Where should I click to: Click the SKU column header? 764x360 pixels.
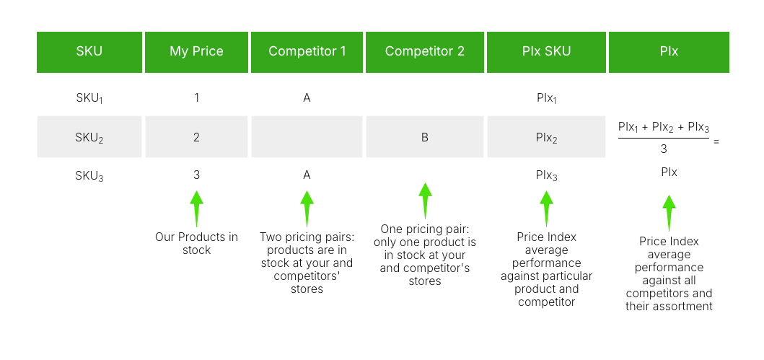coord(89,52)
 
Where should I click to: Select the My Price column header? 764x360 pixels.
coord(196,52)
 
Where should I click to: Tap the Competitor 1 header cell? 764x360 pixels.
coord(307,52)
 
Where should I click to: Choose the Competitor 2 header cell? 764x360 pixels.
coord(424,52)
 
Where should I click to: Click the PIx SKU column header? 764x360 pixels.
coord(546,52)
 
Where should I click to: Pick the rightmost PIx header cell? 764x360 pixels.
coord(669,52)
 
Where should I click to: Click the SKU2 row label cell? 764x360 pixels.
coord(89,137)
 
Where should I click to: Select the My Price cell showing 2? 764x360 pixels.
coord(196,137)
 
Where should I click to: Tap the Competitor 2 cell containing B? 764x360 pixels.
coord(424,137)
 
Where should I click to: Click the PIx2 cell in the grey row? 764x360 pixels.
coord(546,137)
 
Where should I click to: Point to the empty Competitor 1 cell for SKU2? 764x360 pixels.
coord(307,137)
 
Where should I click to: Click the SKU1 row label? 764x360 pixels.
coord(89,98)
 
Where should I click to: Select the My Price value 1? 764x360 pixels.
coord(196,97)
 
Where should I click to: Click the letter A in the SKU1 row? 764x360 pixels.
coord(307,97)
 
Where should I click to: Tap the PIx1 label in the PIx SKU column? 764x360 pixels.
coord(546,98)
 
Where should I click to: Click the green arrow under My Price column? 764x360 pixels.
coord(196,208)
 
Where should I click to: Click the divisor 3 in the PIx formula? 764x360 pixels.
coord(663,149)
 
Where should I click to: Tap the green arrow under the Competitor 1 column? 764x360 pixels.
coord(307,208)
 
